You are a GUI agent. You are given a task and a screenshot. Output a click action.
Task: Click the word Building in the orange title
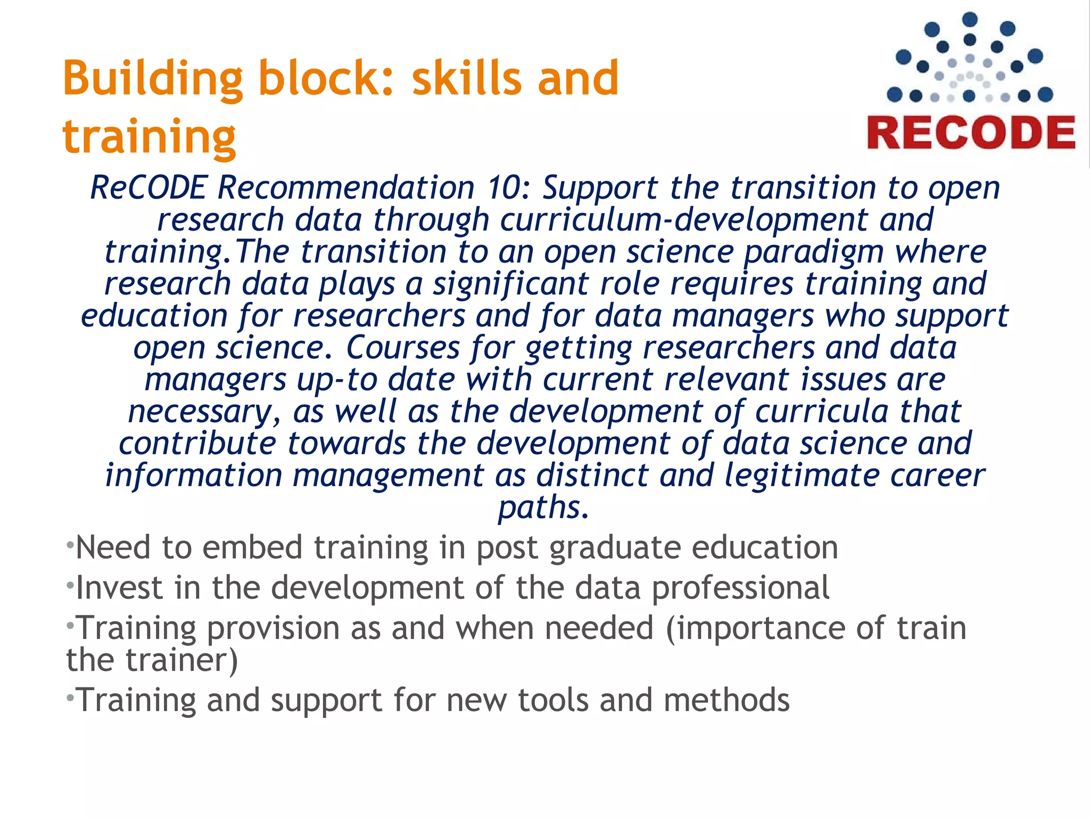(152, 79)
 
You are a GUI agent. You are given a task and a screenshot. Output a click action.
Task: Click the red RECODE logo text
(971, 133)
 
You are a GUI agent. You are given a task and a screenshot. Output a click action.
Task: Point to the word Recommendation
(346, 188)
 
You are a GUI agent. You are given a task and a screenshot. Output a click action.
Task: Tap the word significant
(510, 284)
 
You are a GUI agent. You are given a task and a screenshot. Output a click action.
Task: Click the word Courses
(403, 348)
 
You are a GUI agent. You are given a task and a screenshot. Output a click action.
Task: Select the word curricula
(821, 412)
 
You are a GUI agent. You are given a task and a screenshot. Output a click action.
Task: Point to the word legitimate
(802, 476)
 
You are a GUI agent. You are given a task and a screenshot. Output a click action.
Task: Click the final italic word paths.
(543, 508)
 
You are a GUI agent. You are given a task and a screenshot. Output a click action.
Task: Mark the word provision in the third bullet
(273, 629)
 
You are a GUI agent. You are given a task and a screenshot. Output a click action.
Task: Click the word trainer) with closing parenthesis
(181, 660)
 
